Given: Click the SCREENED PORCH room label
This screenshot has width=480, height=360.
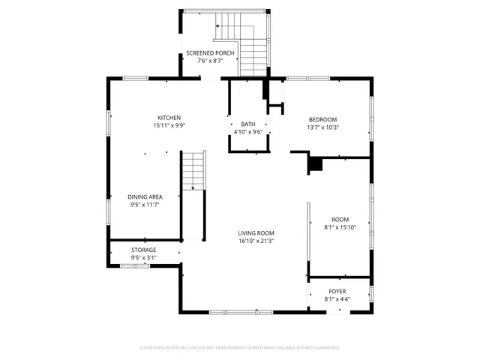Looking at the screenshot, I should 211,52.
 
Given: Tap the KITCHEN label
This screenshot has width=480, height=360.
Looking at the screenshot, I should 169,118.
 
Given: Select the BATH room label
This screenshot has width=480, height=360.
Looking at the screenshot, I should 248,124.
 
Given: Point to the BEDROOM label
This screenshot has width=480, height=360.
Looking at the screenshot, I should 323,119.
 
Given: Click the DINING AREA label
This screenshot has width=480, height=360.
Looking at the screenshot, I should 145,196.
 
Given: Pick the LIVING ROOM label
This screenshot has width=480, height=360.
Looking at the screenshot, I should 256,233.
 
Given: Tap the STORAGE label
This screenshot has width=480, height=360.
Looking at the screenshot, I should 144,250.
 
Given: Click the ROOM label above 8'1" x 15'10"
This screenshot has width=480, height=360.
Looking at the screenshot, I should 340,220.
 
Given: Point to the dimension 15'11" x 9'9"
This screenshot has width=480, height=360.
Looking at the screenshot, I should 169,126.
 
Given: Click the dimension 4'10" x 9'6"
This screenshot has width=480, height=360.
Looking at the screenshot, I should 248,132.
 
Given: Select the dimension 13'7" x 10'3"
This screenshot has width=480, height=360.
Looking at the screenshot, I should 323,127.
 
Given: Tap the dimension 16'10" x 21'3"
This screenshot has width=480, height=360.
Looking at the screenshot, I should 256,241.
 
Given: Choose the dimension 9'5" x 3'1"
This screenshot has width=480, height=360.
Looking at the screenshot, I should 144,258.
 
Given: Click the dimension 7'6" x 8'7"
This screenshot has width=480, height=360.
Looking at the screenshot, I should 211,61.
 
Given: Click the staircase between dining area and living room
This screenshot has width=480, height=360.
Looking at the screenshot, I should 194,170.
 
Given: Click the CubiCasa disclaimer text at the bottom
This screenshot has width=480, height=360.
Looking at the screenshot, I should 240,347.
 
